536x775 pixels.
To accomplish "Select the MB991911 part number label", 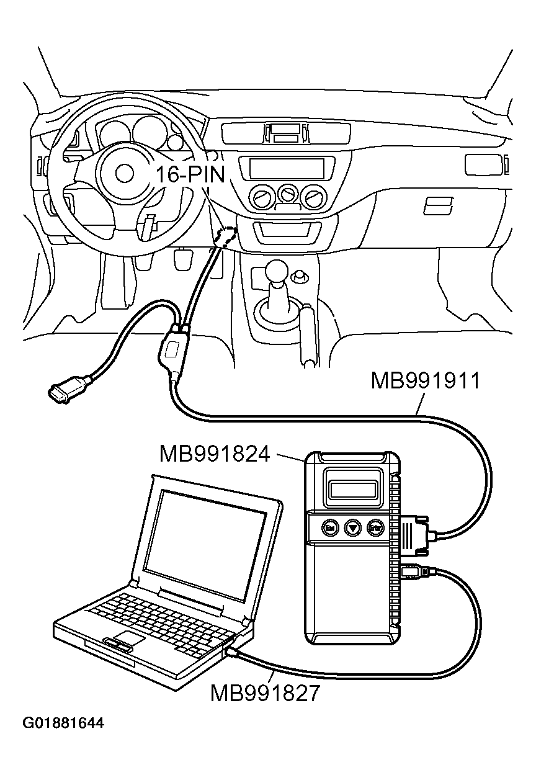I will click(x=425, y=380).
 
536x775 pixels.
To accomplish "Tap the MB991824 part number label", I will click(x=214, y=453).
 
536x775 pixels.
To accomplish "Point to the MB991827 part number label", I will click(x=265, y=692).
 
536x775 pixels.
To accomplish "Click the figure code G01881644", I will click(x=63, y=723).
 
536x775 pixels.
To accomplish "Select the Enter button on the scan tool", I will click(x=374, y=528).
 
